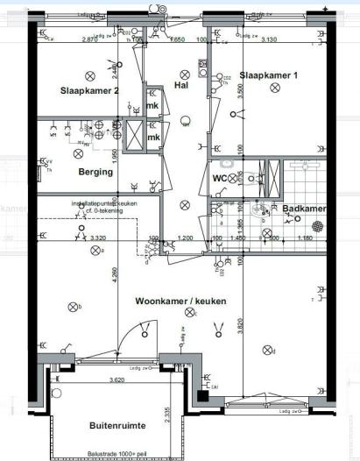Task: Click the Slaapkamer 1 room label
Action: pyautogui.click(x=268, y=76)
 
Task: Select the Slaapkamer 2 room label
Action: pyautogui.click(x=88, y=91)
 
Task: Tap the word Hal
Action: pyautogui.click(x=182, y=87)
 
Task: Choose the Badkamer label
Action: pyautogui.click(x=304, y=209)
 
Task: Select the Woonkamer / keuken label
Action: pyautogui.click(x=180, y=301)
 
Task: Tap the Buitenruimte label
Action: pyautogui.click(x=117, y=425)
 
